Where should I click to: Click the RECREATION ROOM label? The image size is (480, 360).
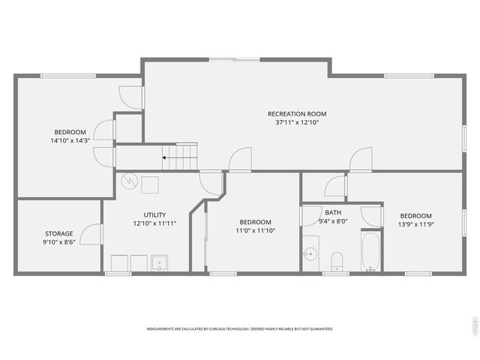(x=297, y=114)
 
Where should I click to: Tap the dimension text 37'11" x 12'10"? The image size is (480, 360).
(x=297, y=122)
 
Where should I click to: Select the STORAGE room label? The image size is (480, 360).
(x=58, y=233)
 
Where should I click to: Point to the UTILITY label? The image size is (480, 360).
(x=154, y=214)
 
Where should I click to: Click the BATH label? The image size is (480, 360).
(x=332, y=212)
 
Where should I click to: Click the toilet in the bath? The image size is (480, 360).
(x=337, y=262)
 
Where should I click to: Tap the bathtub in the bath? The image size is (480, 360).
(x=371, y=253)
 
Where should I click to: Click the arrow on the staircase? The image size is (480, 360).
(x=165, y=157)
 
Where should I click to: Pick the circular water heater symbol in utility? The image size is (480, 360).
(x=128, y=181)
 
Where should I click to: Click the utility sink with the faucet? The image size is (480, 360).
(x=159, y=262)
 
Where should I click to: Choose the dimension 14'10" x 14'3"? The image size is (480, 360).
(x=70, y=140)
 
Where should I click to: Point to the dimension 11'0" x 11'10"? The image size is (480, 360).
(x=255, y=230)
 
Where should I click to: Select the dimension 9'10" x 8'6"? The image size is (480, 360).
(x=58, y=242)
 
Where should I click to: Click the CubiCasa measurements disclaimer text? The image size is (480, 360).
(x=239, y=328)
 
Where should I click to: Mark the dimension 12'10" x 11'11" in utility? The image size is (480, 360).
(x=154, y=223)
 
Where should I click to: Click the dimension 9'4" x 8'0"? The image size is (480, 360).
(x=332, y=220)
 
